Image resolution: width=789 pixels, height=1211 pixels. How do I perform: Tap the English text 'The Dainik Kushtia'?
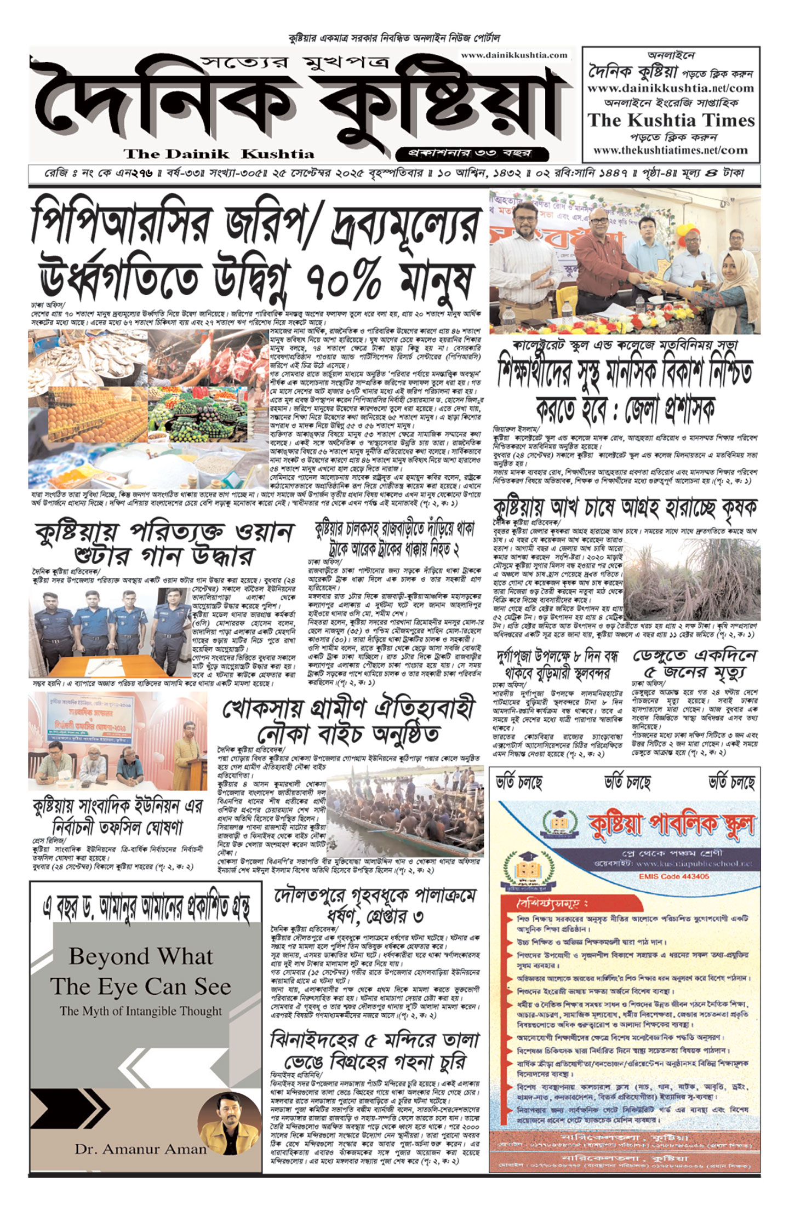[219, 154]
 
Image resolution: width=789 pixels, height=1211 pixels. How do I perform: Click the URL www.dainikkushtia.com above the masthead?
[513, 55]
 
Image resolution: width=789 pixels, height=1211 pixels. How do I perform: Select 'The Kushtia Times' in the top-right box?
[671, 120]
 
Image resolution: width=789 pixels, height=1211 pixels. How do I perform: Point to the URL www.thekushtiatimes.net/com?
[670, 150]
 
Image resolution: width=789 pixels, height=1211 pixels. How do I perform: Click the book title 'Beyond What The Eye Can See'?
[141, 971]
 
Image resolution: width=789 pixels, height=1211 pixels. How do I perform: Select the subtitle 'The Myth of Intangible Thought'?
[141, 1011]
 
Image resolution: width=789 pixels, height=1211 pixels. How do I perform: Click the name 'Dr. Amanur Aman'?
[140, 1149]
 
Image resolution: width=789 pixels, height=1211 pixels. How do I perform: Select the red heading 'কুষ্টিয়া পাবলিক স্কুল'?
[671, 825]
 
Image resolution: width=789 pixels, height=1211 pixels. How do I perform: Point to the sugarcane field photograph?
[691, 586]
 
